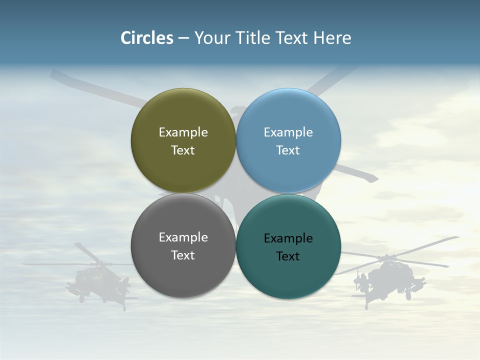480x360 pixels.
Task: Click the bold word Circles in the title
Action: [x=147, y=38]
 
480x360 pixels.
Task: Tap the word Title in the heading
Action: [x=252, y=38]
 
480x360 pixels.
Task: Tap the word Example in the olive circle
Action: [x=183, y=132]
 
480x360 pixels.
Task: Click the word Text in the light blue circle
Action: [x=288, y=150]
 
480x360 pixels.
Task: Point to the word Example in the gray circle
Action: [x=183, y=237]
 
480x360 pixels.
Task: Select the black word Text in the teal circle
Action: [x=288, y=256]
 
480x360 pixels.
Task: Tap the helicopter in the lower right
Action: [x=387, y=280]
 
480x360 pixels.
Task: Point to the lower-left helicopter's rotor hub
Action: [x=95, y=263]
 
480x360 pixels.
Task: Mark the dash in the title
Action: [x=183, y=38]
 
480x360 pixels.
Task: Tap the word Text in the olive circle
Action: [x=183, y=150]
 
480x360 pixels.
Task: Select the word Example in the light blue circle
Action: [x=288, y=132]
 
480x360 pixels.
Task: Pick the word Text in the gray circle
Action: [x=183, y=255]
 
